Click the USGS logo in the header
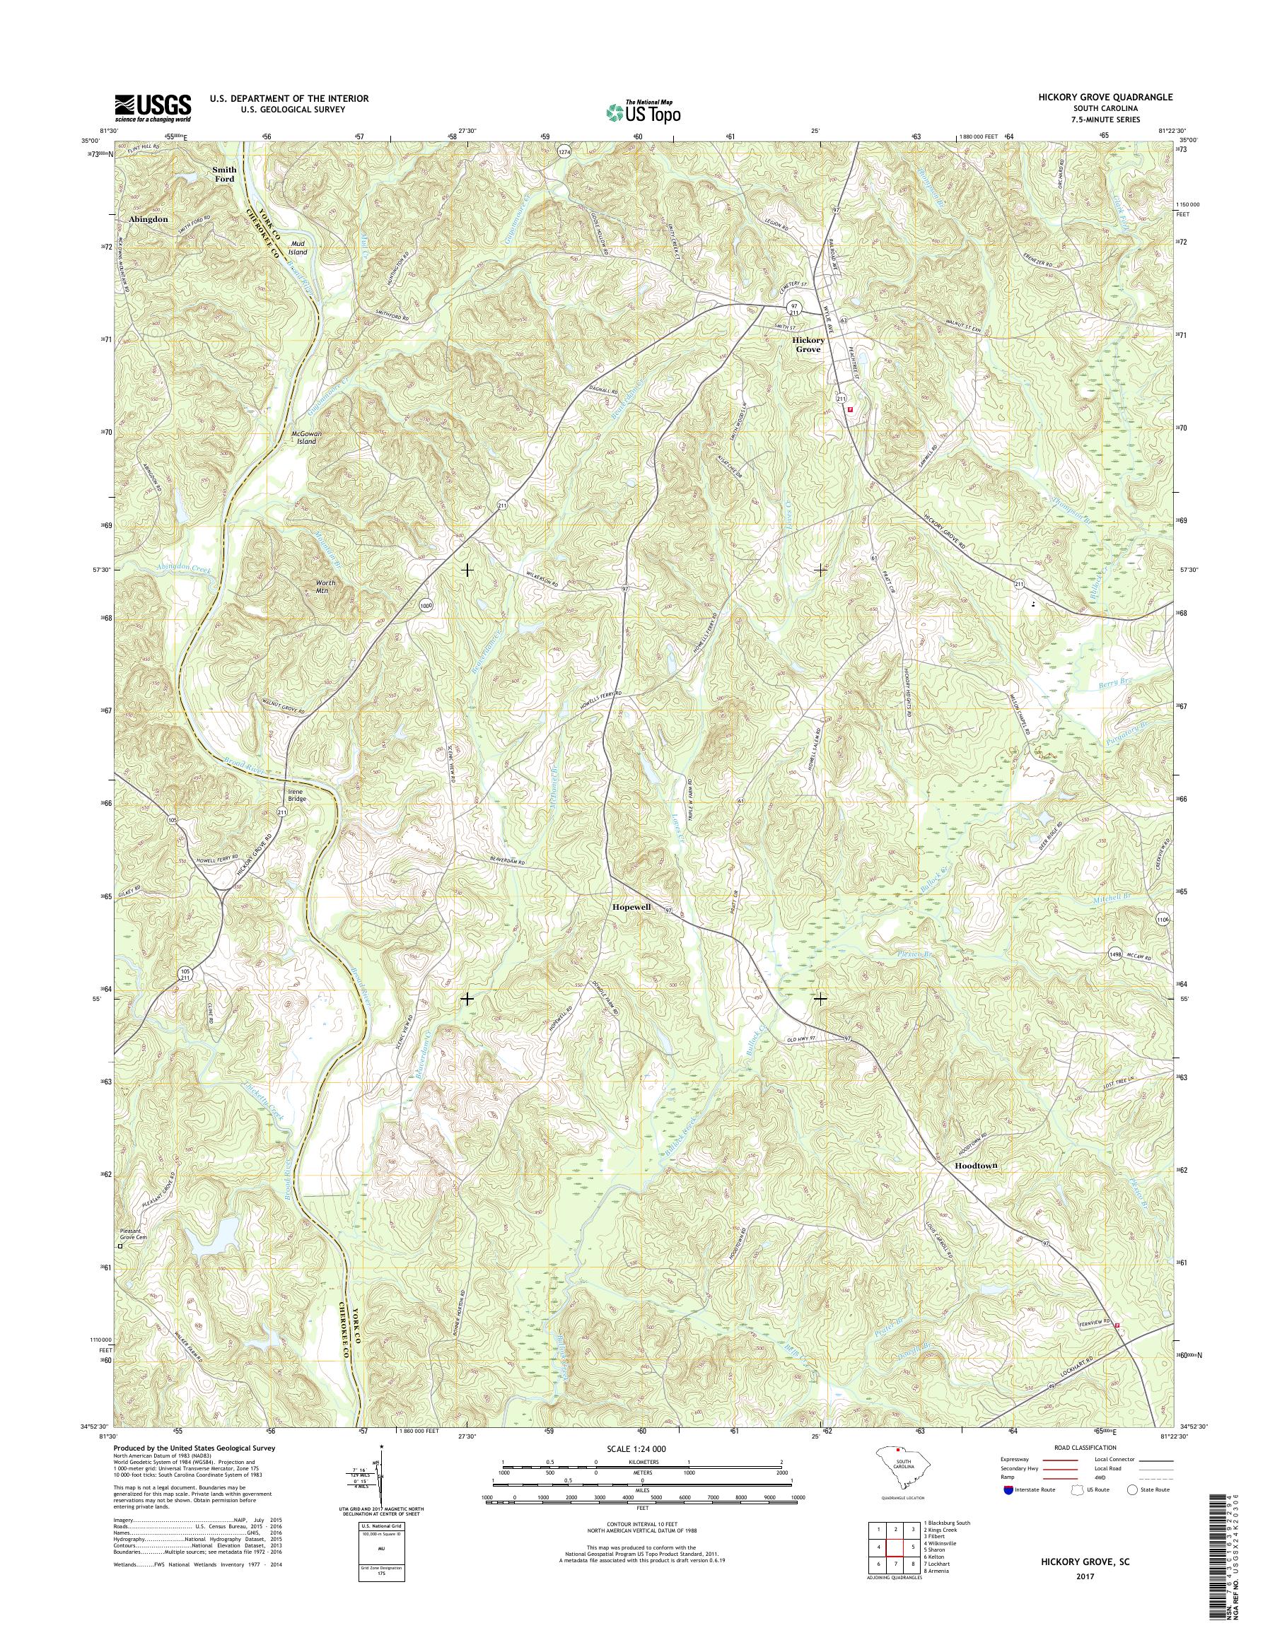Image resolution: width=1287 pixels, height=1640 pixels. pyautogui.click(x=152, y=107)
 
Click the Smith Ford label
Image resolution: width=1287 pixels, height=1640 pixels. pyautogui.click(x=223, y=174)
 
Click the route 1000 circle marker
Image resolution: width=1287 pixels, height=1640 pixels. pyautogui.click(x=426, y=605)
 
